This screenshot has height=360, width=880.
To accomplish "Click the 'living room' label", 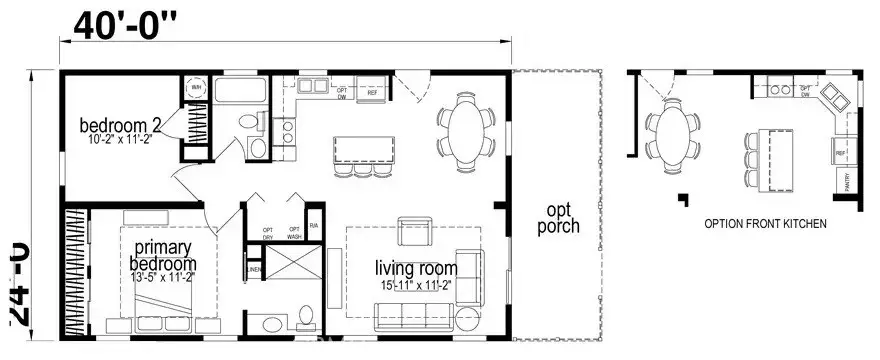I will [416, 268].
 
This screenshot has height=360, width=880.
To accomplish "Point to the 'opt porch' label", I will [557, 218].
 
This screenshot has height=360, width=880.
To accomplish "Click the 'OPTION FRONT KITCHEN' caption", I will [765, 225].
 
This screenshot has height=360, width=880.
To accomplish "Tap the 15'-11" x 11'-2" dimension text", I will [416, 285].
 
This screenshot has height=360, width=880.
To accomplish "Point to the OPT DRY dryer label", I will [268, 233].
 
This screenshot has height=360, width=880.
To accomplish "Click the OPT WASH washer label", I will [295, 233].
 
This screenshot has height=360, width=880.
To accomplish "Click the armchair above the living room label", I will [414, 232].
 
